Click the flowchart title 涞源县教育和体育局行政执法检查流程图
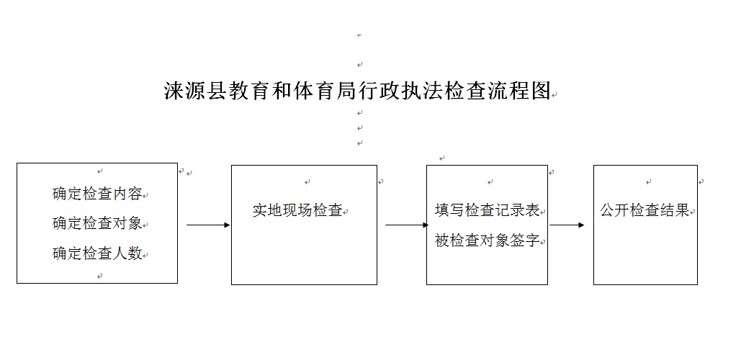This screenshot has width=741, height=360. [357, 91]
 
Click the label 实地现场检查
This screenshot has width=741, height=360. [297, 210]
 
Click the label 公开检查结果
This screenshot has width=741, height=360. [645, 210]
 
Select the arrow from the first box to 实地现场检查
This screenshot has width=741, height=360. [208, 225]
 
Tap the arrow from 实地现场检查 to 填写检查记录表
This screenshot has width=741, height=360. [407, 225]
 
